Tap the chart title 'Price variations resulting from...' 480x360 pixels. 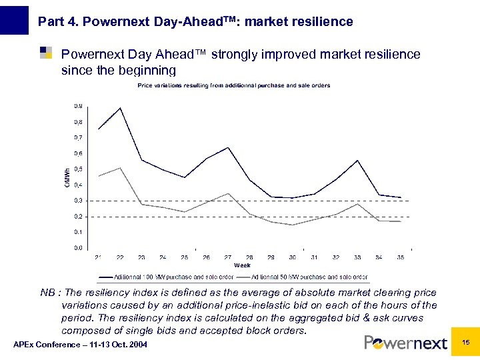pyautogui.click(x=233, y=85)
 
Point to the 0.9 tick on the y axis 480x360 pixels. pyautogui.click(x=79, y=106)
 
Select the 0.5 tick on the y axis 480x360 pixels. pyautogui.click(x=79, y=169)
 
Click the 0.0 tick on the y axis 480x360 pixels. pyautogui.click(x=79, y=248)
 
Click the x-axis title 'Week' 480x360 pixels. pyautogui.click(x=242, y=265)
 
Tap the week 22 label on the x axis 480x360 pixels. pyautogui.click(x=120, y=257)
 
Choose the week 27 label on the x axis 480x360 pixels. pyautogui.click(x=228, y=257)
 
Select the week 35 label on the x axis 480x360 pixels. pyautogui.click(x=401, y=257)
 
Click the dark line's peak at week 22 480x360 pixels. pyautogui.click(x=120, y=108)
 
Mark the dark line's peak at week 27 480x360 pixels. pyautogui.click(x=228, y=147)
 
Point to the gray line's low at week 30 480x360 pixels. pyautogui.click(x=293, y=225)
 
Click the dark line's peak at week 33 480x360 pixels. pyautogui.click(x=357, y=161)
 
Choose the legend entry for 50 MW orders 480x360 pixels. pyautogui.click(x=309, y=276)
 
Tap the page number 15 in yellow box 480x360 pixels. pyautogui.click(x=466, y=342)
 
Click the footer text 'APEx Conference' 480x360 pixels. pyautogui.click(x=80, y=344)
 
